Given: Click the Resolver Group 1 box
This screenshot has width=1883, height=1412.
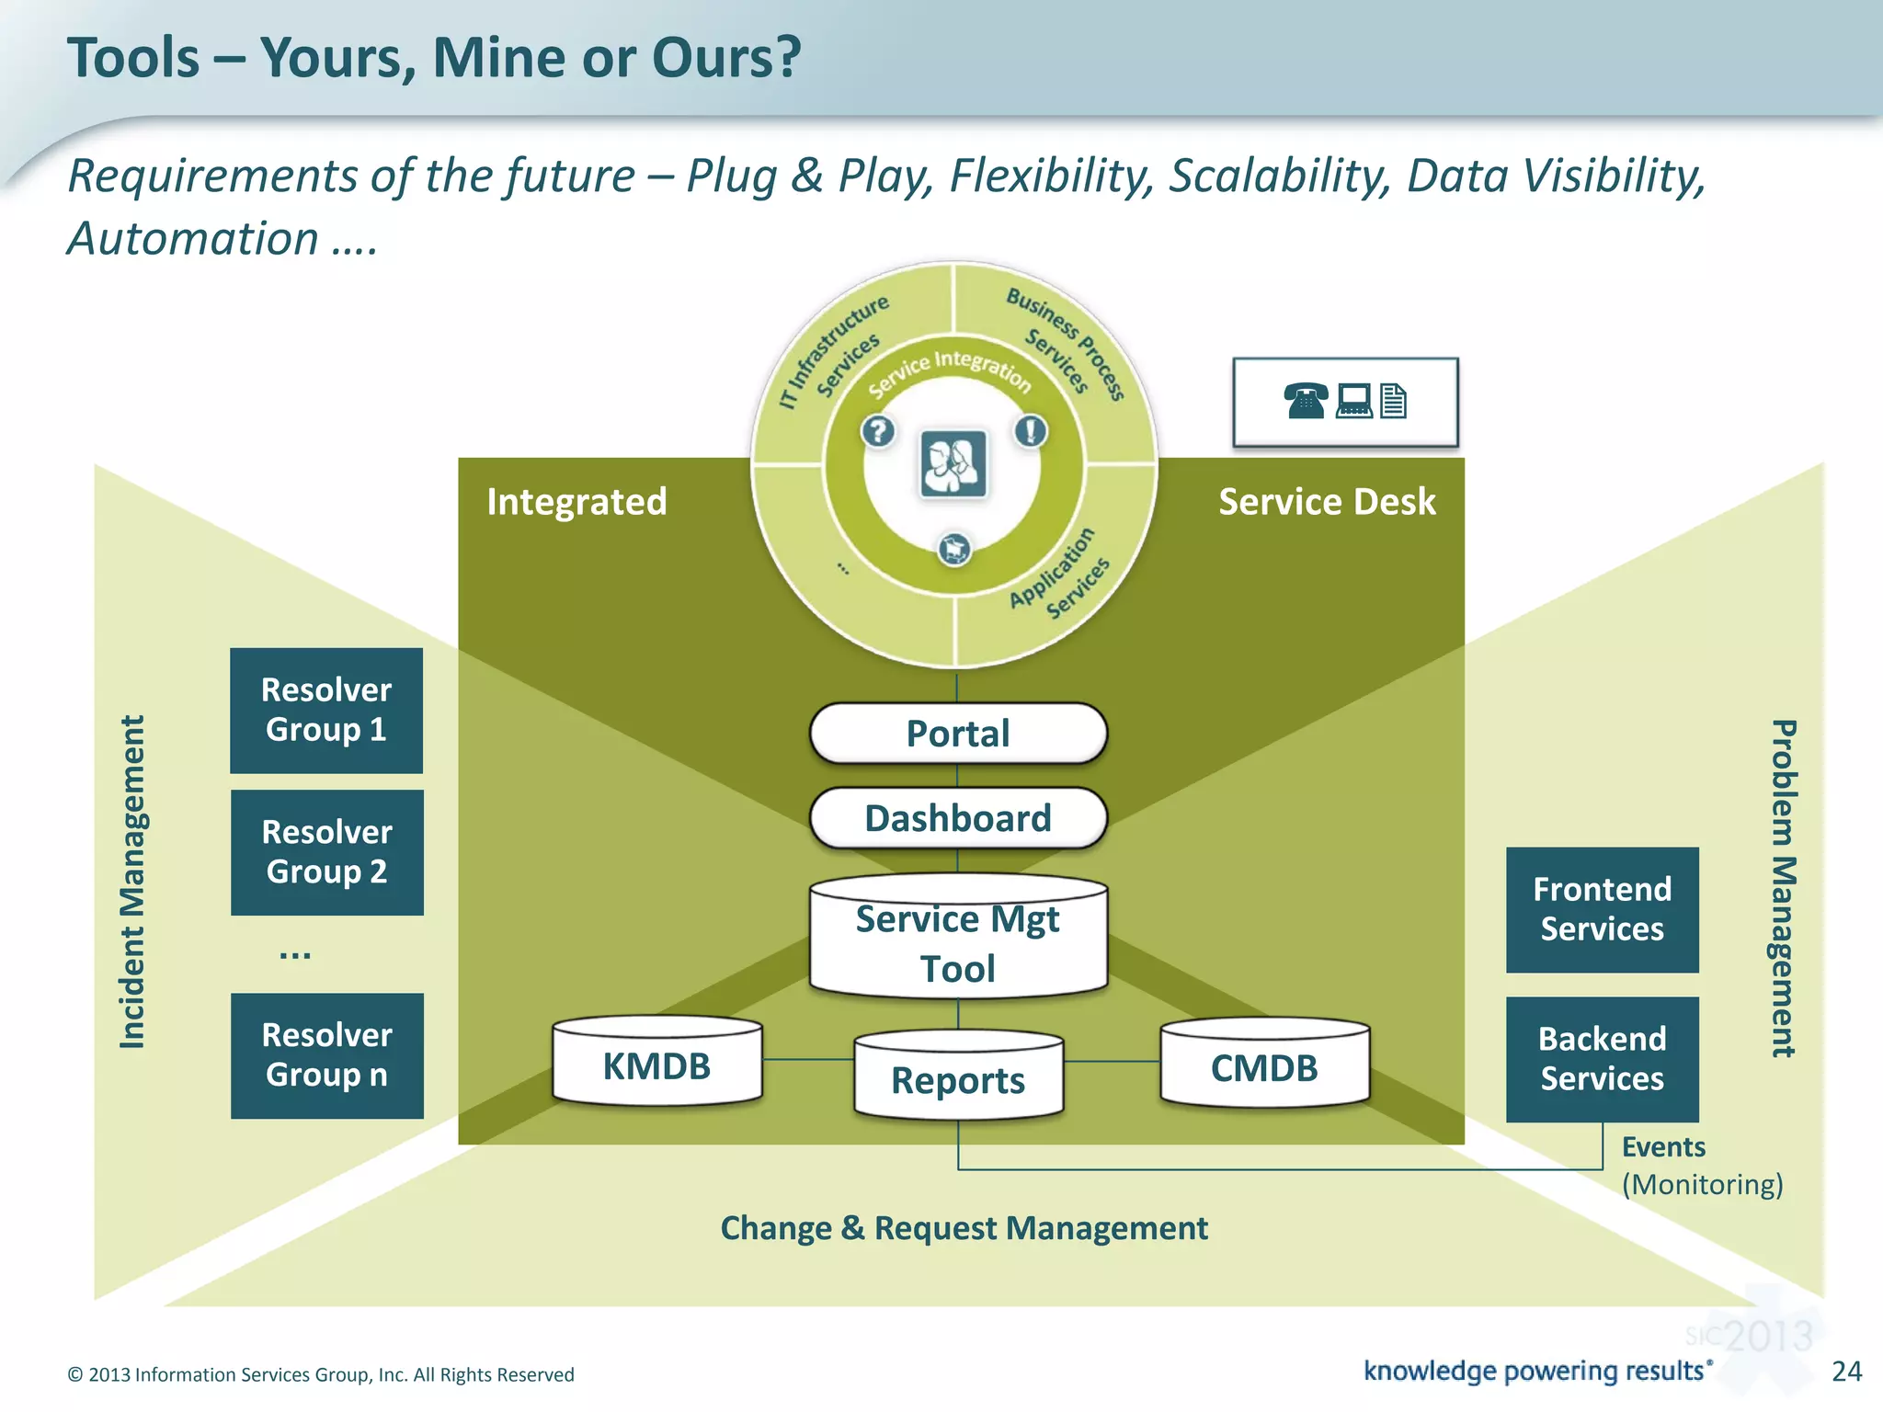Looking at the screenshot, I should coord(326,710).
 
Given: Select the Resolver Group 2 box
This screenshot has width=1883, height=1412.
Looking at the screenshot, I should coord(326,852).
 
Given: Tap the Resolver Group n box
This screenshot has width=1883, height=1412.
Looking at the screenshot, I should coord(326,1055).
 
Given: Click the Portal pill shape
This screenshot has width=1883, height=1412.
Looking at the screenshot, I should coord(958,734).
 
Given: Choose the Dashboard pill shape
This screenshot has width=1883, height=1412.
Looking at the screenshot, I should coord(958,818).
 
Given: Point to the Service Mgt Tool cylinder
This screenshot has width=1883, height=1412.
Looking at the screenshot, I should coord(958,942).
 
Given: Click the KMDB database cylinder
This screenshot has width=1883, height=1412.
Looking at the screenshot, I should coord(656,1065).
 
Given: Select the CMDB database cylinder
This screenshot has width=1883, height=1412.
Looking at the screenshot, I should coord(1264,1066).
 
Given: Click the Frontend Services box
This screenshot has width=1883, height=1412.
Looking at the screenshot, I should coord(1602,909).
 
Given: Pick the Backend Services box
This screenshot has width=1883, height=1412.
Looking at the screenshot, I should coord(1602,1059).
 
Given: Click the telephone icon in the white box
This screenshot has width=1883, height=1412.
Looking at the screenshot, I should coord(1306,401).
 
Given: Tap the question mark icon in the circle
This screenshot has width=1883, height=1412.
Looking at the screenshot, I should coord(878,430).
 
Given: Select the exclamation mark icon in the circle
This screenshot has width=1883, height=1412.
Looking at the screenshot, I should coord(1031,430).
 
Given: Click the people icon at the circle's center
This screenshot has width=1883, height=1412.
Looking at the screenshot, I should coord(953,463).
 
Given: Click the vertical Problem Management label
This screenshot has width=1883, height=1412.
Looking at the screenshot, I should coord(1783,888).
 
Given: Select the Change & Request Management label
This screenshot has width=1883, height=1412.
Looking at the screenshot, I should coord(964,1228).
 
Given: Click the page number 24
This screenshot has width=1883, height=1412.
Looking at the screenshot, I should coord(1846,1371).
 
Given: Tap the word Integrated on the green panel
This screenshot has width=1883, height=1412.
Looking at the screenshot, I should coord(576,502).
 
